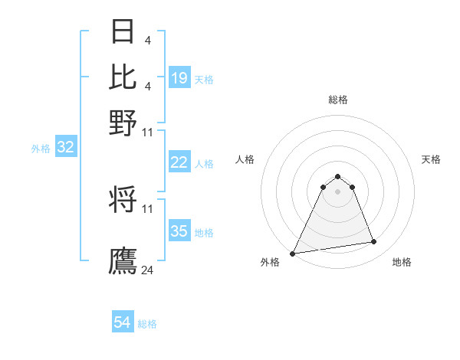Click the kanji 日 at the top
[123, 31]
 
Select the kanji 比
[123, 77]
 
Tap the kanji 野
[123, 122]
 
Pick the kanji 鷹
[123, 260]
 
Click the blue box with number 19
[179, 78]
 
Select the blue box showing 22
[179, 162]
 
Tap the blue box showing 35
[179, 231]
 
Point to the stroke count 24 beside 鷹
[147, 270]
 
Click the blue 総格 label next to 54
[147, 324]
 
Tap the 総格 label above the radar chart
[338, 100]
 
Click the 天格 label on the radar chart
[431, 159]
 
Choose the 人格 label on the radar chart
[245, 159]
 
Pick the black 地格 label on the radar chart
[402, 262]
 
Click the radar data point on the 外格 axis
[293, 254]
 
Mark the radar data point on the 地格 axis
[374, 242]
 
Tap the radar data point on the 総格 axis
[338, 176]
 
